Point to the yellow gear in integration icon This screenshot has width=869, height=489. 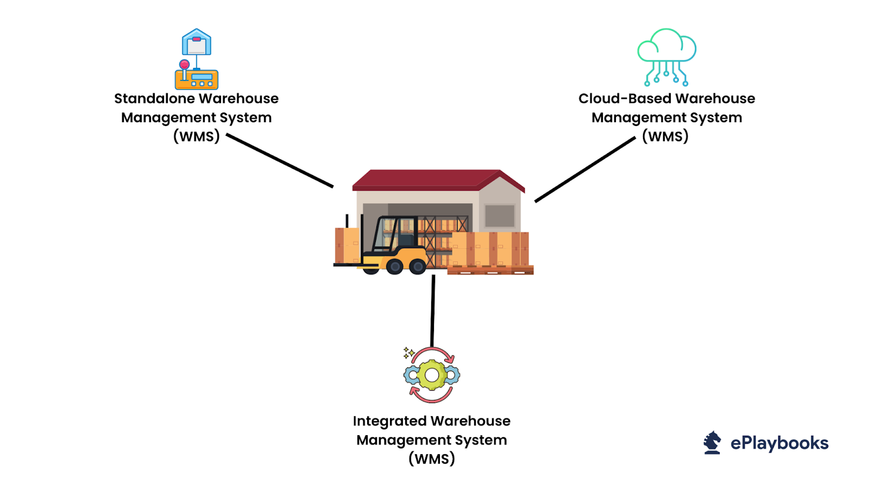click(432, 375)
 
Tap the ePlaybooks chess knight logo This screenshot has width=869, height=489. click(712, 442)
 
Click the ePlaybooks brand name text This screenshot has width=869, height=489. click(779, 443)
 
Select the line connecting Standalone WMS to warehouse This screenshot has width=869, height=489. click(280, 161)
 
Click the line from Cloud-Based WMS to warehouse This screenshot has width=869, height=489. click(585, 170)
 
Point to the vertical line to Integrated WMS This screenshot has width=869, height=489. click(433, 310)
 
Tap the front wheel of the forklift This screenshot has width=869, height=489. click(417, 266)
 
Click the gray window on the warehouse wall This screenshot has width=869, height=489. click(500, 216)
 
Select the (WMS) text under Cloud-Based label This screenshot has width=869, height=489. click(665, 136)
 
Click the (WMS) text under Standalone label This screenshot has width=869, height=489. click(196, 136)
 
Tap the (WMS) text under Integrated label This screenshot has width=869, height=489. click(432, 459)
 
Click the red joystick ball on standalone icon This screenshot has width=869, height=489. click(185, 64)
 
